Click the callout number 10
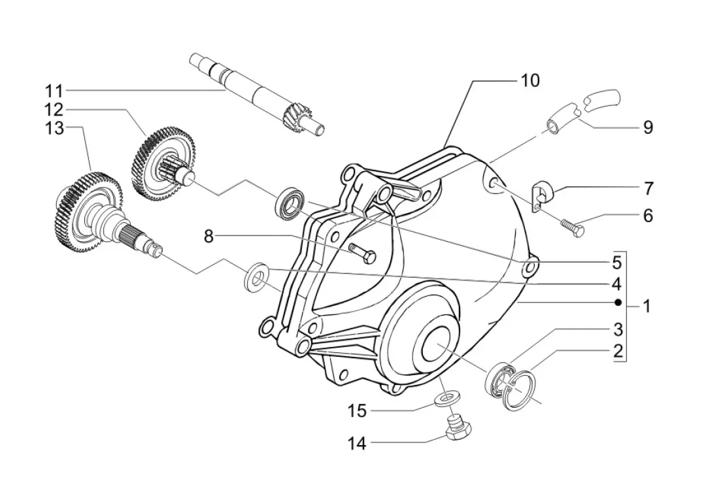click(529, 81)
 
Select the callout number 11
click(54, 91)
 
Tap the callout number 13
click(54, 129)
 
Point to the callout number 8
click(209, 237)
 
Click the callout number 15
click(358, 410)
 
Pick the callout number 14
click(358, 444)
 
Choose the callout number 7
click(648, 189)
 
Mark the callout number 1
click(646, 307)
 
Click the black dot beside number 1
click(618, 303)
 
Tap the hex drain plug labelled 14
click(459, 429)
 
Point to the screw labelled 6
click(572, 226)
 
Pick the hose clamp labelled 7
click(543, 195)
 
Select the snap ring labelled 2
click(520, 390)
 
